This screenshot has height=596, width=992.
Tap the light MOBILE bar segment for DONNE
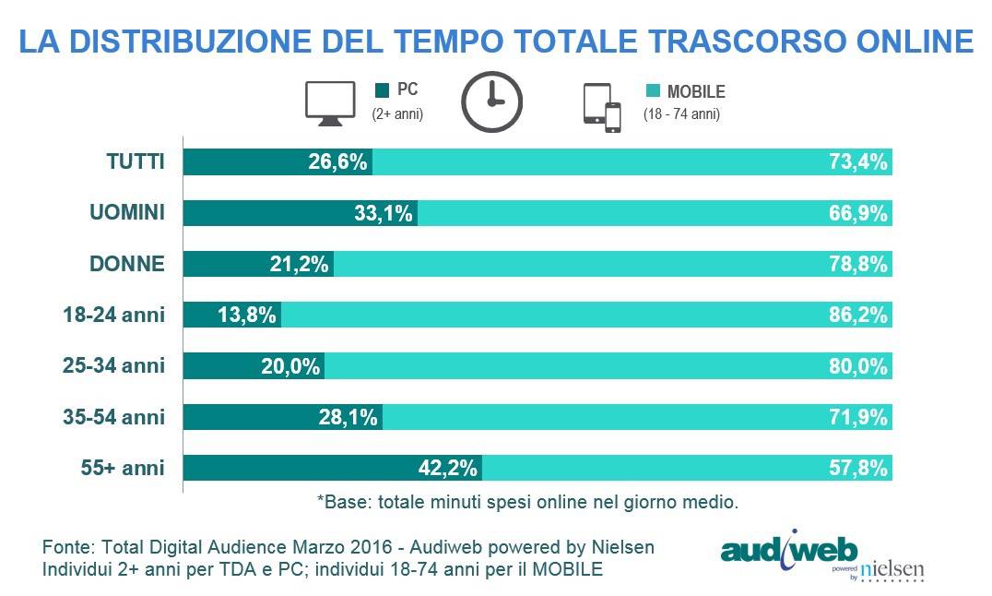[572, 264]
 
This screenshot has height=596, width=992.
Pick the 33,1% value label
[384, 213]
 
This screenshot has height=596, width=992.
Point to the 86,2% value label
[859, 315]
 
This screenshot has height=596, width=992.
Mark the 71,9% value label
[859, 417]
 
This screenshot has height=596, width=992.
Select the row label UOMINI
[127, 213]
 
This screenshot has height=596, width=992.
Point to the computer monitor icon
[330, 103]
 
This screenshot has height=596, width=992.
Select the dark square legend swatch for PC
[383, 91]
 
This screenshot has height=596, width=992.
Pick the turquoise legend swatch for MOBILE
[654, 91]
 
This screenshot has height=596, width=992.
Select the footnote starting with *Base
[528, 503]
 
